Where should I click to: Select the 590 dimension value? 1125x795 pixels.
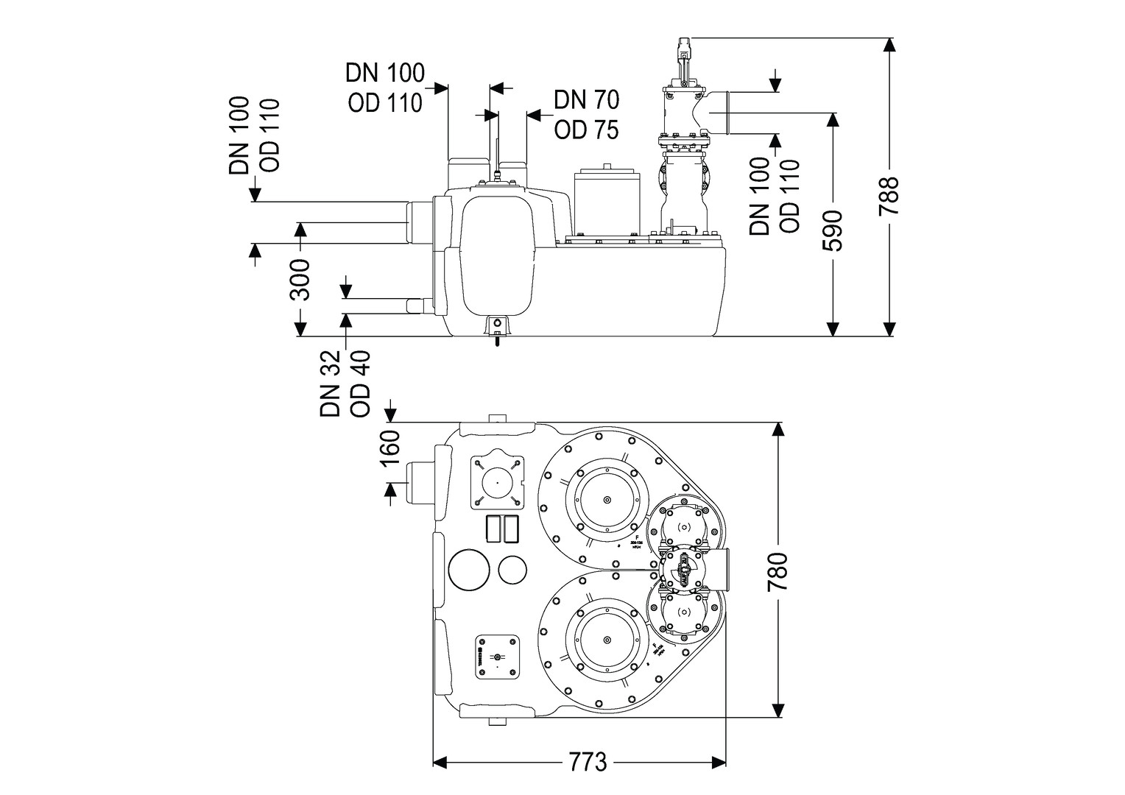pyautogui.click(x=832, y=230)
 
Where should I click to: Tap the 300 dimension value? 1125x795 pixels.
pyautogui.click(x=300, y=280)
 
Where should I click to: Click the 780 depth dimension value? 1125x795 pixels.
pyautogui.click(x=777, y=572)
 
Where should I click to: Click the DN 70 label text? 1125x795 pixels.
pyautogui.click(x=586, y=99)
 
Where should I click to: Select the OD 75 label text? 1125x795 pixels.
pyautogui.click(x=586, y=130)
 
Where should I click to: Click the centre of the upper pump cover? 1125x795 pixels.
pyautogui.click(x=607, y=501)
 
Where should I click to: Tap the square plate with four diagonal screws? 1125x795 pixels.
pyautogui.click(x=496, y=482)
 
